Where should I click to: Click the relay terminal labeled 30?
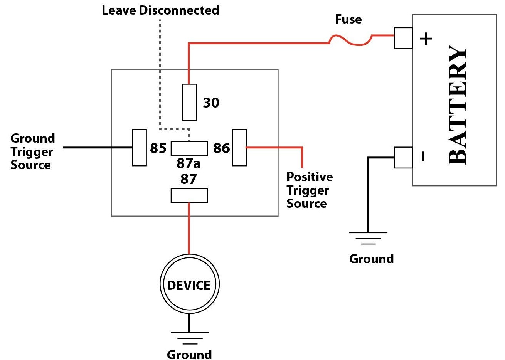[189, 102]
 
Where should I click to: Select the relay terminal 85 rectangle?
[139, 147]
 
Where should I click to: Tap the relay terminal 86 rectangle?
[239, 148]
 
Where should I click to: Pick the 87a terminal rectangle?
[189, 148]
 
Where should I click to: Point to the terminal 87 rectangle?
[189, 195]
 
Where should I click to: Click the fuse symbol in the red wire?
[350, 40]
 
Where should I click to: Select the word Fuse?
[348, 19]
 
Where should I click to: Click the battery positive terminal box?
[403, 38]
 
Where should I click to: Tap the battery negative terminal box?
[403, 157]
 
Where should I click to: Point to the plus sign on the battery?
[426, 39]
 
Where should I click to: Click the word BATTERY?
[458, 106]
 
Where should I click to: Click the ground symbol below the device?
[189, 338]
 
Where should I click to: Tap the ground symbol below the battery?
[368, 238]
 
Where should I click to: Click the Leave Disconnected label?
[160, 10]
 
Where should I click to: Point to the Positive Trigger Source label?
[309, 190]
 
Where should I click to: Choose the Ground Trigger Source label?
[32, 151]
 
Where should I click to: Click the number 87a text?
[189, 163]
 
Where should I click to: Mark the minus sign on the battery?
[423, 156]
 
